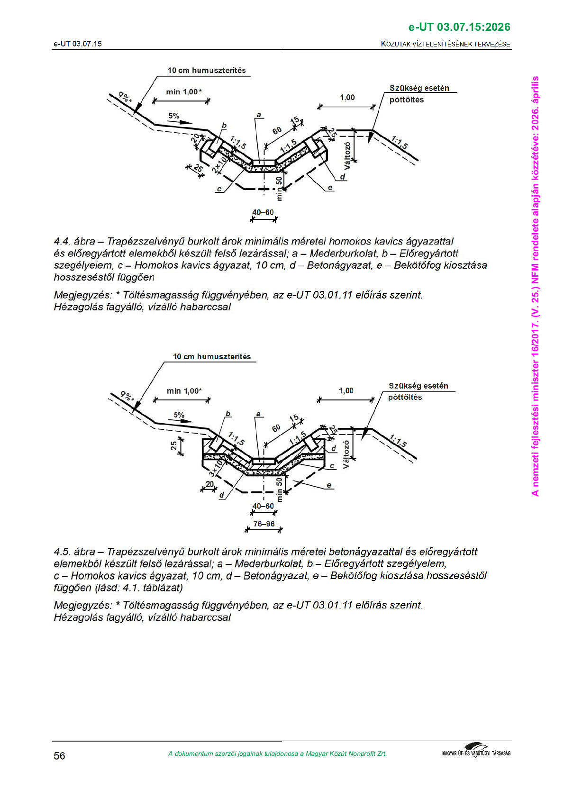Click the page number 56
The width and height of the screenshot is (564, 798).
pyautogui.click(x=59, y=756)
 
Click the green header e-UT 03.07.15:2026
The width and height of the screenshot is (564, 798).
pyautogui.click(x=459, y=27)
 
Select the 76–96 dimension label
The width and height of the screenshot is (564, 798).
pyautogui.click(x=264, y=524)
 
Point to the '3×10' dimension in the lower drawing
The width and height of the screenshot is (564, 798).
pyautogui.click(x=216, y=467)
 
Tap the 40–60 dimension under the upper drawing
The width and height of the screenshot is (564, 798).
pyautogui.click(x=263, y=212)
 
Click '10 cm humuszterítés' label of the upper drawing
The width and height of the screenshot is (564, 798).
pyautogui.click(x=207, y=71)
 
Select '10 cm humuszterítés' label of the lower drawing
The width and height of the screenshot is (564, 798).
pyautogui.click(x=212, y=357)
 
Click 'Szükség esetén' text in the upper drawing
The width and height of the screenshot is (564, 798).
pyautogui.click(x=419, y=88)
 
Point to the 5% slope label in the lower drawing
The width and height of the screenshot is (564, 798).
pyautogui.click(x=179, y=415)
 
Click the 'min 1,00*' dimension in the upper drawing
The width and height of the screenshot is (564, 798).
pyautogui.click(x=184, y=92)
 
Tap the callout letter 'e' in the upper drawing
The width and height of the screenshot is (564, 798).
pyautogui.click(x=330, y=188)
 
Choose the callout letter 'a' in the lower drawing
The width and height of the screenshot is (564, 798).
pyautogui.click(x=258, y=414)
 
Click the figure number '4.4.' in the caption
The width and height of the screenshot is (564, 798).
pyautogui.click(x=62, y=242)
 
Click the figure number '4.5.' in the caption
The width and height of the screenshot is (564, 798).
pyautogui.click(x=62, y=552)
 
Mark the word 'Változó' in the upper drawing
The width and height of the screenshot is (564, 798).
pyautogui.click(x=347, y=155)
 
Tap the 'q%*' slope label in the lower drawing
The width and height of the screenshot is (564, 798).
pyautogui.click(x=127, y=395)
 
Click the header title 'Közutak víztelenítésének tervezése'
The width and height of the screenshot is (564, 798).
pyautogui.click(x=446, y=44)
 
